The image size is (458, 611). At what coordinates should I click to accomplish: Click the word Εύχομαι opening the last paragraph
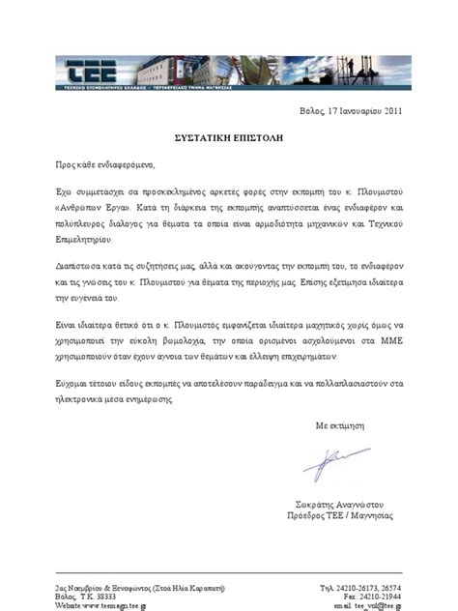point(72,384)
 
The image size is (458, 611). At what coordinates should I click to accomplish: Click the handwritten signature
point(334,461)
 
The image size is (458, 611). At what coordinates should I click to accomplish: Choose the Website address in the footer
point(100,606)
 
